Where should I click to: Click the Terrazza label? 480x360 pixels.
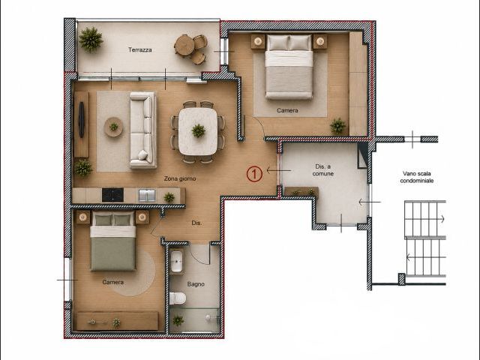coord(140,49)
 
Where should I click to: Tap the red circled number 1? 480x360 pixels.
coord(255,174)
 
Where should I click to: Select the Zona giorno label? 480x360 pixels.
coord(180,178)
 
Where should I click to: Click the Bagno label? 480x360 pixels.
coord(196,284)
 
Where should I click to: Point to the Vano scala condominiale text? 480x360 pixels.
coord(417,177)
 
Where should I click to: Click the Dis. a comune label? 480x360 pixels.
coord(323,170)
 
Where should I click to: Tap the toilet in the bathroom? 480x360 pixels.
coord(178,298)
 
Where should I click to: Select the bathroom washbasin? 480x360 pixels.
coord(177,262)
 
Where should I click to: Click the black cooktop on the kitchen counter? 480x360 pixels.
coord(112,195)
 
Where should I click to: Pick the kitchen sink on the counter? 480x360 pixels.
coord(147,196)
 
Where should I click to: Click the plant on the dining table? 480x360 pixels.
coord(198,130)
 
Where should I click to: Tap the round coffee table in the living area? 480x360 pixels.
coord(113,127)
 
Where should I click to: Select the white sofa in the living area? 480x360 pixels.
coord(143,130)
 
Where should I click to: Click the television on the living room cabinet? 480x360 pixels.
coord(82,120)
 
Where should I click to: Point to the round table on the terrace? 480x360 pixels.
coord(184,45)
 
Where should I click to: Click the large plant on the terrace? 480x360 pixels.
coord(91,40)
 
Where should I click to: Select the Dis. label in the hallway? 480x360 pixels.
coord(196,223)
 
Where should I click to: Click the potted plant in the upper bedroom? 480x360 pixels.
coord(338,126)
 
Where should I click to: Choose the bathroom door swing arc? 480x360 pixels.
coord(196,258)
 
